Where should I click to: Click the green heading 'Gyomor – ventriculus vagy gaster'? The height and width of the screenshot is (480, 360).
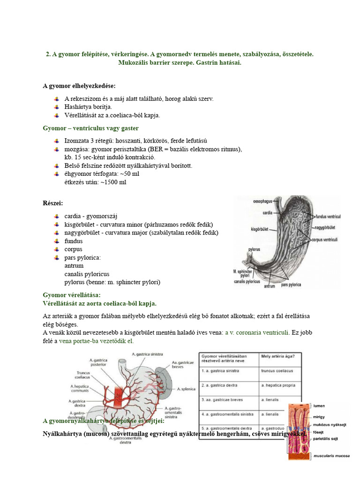tap(90, 128)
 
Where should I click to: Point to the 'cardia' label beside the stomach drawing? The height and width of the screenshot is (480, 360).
tap(268, 212)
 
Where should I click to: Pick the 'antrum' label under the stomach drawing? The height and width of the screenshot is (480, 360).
tap(269, 286)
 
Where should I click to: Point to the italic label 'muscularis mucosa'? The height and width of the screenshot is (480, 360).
tap(331, 455)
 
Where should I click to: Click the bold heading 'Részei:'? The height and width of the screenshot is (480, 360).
tap(53, 203)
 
